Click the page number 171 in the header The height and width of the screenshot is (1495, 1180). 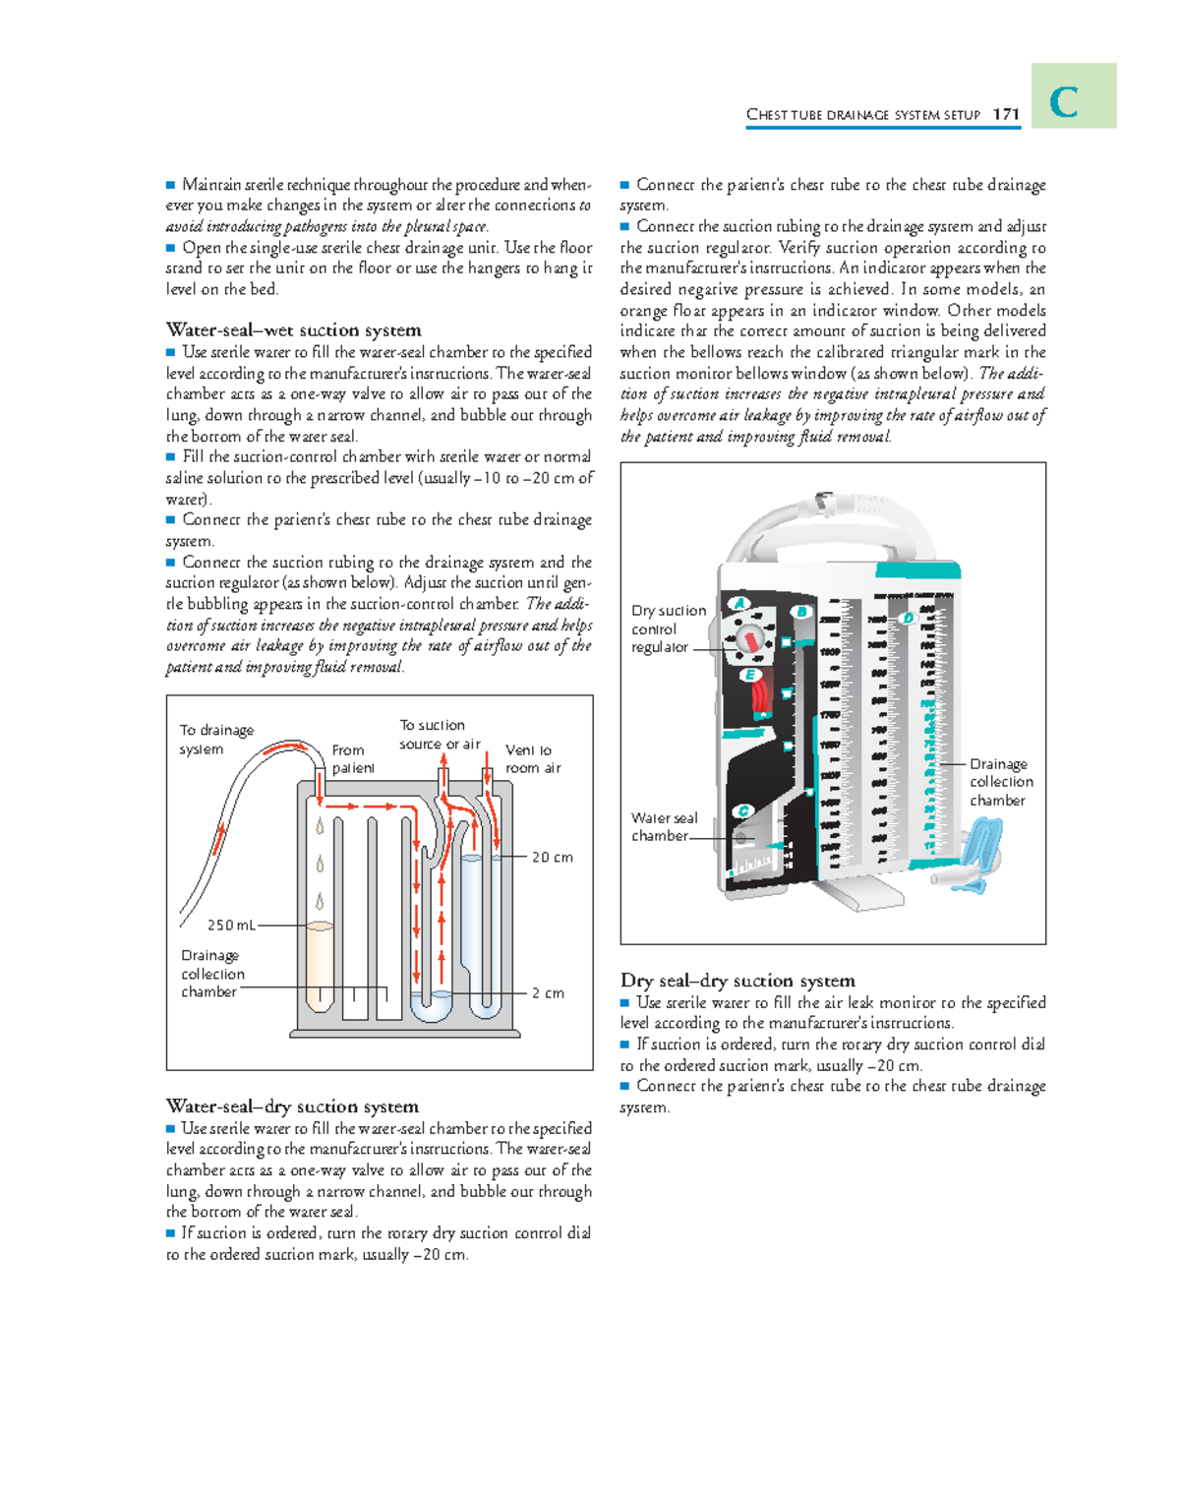(1005, 114)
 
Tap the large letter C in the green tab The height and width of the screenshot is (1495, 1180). (1064, 101)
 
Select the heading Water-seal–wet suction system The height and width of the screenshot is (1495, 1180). (293, 330)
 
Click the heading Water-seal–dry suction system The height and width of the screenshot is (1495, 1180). (292, 1106)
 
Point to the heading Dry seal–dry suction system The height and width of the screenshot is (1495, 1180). (737, 981)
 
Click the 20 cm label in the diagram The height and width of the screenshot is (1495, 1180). (552, 858)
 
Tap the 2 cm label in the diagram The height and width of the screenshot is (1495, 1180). (548, 993)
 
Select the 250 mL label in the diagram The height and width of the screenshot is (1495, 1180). (231, 926)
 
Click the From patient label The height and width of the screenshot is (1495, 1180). (352, 759)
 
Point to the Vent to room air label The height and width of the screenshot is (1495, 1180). (532, 759)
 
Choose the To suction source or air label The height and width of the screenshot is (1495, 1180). (439, 735)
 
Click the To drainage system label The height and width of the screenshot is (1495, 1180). (215, 740)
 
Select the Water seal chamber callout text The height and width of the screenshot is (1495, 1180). (664, 827)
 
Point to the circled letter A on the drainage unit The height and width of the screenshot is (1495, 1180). (738, 603)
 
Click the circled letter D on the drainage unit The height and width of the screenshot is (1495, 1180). (908, 618)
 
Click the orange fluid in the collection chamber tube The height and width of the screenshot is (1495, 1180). (320, 964)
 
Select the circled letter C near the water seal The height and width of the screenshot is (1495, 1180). (743, 811)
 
